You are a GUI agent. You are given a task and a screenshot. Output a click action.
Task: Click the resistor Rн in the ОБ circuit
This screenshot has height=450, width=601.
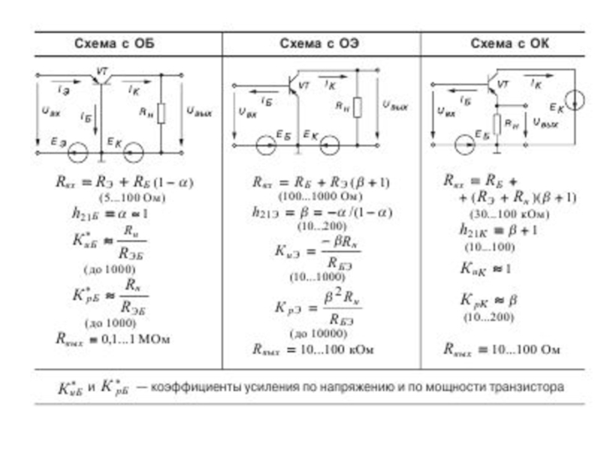coord(161,113)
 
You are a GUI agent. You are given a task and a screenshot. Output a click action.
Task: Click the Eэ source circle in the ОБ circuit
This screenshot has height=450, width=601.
coord(75,154)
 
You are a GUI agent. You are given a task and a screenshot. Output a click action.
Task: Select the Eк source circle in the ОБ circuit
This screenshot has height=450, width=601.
coord(134,154)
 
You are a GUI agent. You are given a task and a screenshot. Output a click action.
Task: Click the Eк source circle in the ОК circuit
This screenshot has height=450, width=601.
coord(575,100)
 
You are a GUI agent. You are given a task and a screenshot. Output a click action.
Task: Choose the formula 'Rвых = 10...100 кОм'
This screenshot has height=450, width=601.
coord(313,349)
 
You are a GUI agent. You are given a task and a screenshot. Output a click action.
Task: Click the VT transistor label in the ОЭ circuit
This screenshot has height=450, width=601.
coord(304,85)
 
